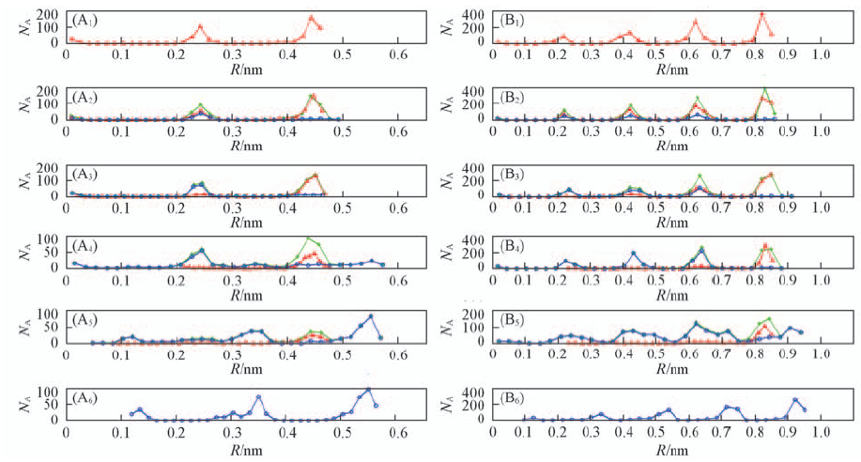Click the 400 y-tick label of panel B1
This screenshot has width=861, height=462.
[474, 16]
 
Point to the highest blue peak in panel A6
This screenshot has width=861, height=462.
[368, 390]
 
